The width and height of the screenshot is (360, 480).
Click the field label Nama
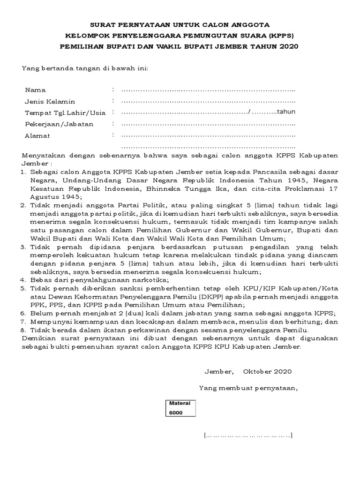[35, 90]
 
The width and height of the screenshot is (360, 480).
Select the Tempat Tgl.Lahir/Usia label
[65, 112]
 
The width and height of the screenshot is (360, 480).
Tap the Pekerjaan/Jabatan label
[59, 124]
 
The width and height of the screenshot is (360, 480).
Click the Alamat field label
[37, 136]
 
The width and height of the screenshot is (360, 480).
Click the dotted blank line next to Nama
[208, 90]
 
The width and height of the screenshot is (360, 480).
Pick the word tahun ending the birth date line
[285, 112]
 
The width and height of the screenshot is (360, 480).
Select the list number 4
[22, 280]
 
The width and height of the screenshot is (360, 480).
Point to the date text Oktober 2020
[267, 372]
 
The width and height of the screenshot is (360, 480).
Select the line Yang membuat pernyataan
[248, 388]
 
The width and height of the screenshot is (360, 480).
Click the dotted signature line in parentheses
[248, 436]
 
